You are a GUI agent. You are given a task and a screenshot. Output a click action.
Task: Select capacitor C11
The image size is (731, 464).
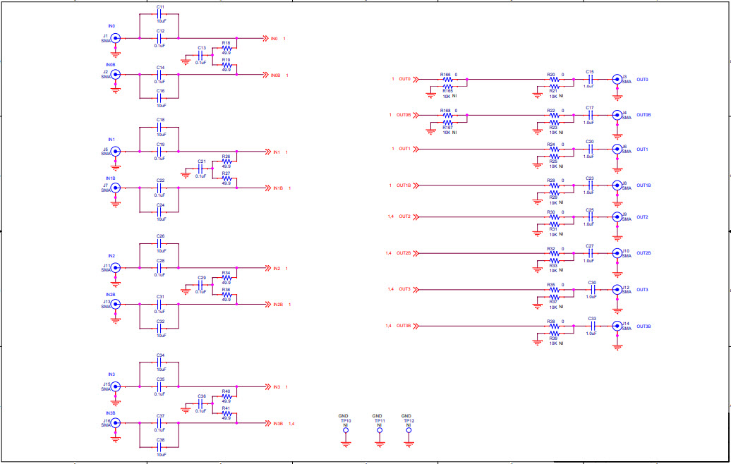(x=160, y=14)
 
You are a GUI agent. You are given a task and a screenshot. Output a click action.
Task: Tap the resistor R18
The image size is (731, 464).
(x=226, y=49)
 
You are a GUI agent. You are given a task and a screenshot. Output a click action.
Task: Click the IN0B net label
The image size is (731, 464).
(x=275, y=75)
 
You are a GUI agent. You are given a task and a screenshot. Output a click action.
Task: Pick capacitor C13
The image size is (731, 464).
(x=201, y=54)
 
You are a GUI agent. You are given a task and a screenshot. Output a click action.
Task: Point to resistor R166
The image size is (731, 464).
(x=447, y=79)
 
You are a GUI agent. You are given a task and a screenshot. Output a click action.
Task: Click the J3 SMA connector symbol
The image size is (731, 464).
(x=617, y=80)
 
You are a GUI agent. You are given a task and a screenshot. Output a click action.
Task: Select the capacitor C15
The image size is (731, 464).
(x=590, y=79)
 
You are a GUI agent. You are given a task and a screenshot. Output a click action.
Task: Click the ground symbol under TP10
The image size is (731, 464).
(x=346, y=444)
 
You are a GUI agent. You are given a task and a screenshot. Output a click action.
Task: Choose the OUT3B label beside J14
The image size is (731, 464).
(x=643, y=326)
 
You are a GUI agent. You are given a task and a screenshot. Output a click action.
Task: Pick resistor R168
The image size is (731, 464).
(x=447, y=114)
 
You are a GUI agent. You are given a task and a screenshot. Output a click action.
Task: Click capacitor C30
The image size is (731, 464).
(x=593, y=289)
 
